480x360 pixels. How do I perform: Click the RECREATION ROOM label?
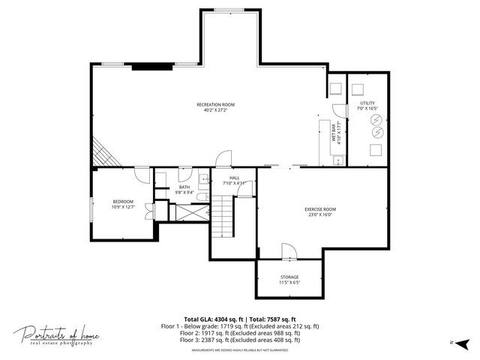coord(215,104)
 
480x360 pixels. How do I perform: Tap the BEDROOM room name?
coord(123,201)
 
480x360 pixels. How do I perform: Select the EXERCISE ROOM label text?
coord(319,209)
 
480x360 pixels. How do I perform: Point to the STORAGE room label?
coord(289,277)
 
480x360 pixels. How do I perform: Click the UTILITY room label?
coord(367,103)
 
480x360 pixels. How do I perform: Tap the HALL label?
coord(223,178)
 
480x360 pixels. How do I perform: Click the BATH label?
coord(184,187)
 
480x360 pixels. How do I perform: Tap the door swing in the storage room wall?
coord(288,251)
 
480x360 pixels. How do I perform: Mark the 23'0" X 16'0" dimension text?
coord(319,214)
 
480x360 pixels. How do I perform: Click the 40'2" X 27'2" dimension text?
coord(215,110)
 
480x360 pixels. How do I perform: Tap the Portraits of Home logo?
coord(56,335)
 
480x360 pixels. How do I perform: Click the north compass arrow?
coord(462,343)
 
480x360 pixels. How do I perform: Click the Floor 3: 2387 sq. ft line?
coord(240,340)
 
